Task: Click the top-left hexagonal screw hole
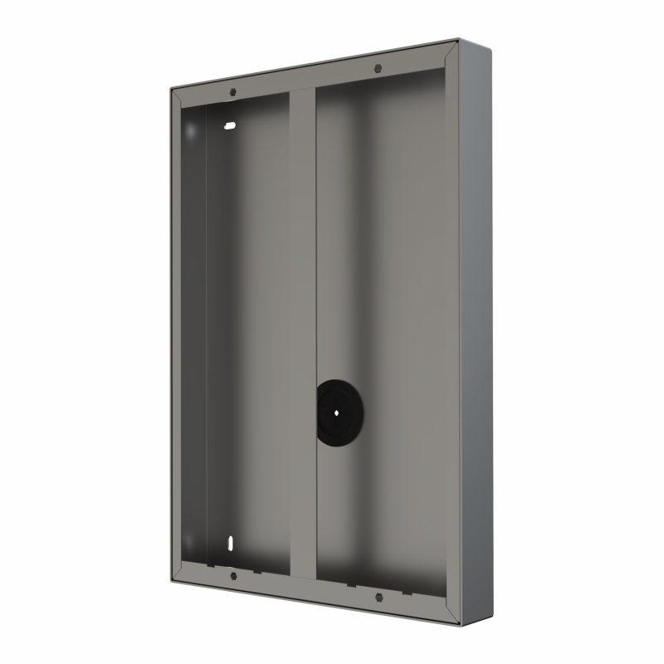233,91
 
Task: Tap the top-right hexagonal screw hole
378,68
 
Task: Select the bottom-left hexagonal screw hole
233,575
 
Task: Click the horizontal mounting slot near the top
229,126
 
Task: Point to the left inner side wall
193,332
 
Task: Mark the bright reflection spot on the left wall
189,131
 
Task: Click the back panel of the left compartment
249,332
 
